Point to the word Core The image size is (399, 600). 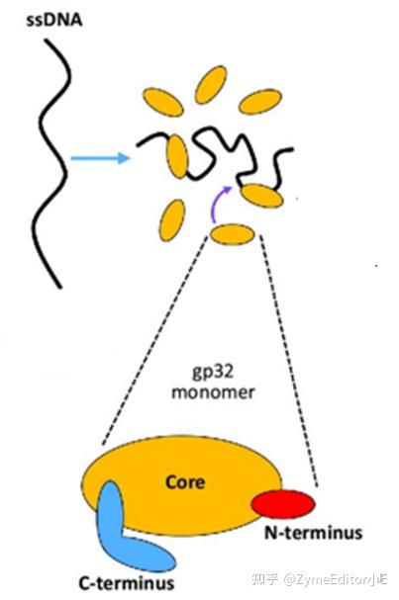tap(184, 482)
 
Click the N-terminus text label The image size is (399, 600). tap(313, 534)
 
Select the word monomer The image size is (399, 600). tap(211, 391)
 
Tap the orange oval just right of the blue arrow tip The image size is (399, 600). tap(179, 155)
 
